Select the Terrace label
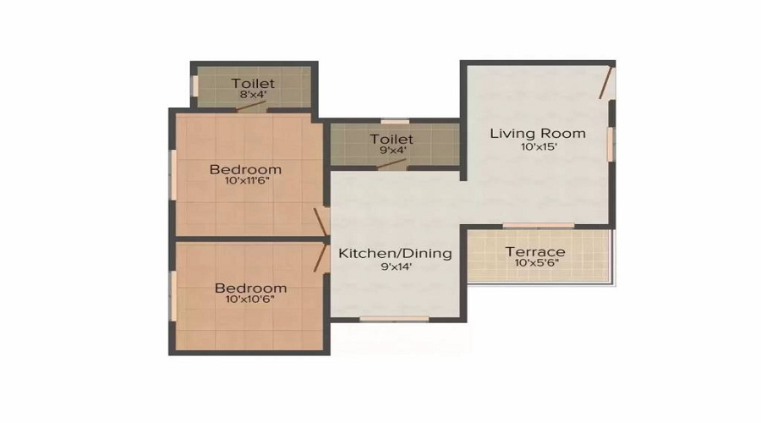[x=535, y=252]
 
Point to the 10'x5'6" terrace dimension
[x=535, y=263]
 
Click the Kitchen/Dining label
[x=395, y=253]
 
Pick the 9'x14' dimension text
[x=395, y=266]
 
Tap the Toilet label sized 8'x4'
[x=254, y=83]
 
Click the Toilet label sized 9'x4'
[x=391, y=139]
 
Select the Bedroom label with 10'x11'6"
[x=245, y=169]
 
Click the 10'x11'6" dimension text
[x=245, y=181]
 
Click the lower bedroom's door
[x=322, y=256]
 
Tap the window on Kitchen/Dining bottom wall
[x=386, y=319]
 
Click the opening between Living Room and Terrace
[x=538, y=225]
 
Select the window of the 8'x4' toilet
[x=193, y=85]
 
